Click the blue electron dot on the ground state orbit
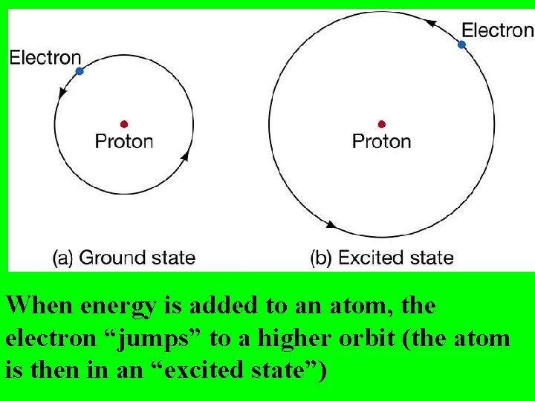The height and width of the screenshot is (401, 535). pos(80,71)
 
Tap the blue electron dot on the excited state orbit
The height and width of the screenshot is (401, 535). pos(461,45)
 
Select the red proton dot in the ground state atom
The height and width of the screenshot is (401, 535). pos(124,124)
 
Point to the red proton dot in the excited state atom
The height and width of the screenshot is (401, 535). pos(381,124)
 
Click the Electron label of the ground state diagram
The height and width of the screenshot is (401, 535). pos(45,57)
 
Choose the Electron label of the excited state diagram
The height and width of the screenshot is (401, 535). pos(497,30)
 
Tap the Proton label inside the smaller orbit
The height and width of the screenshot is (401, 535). pos(124,141)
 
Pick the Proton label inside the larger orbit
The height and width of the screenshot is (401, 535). pos(381,141)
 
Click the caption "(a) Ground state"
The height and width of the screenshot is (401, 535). pos(124,258)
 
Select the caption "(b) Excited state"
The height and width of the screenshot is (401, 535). pos(381,258)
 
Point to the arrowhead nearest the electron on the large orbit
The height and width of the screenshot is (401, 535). pos(429,24)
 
